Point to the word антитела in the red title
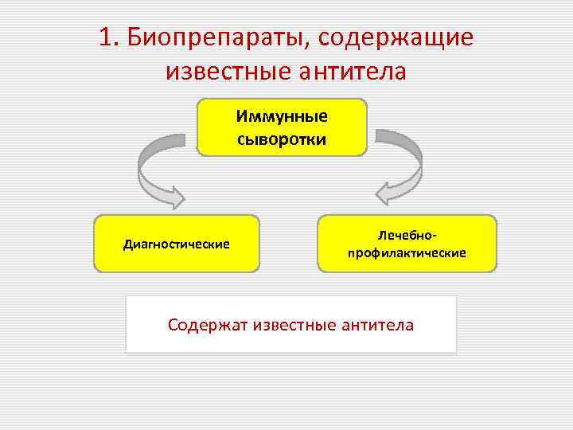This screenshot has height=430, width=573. [x=352, y=72]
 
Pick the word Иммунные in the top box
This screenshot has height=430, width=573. [x=282, y=117]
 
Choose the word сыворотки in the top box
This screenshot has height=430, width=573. [x=282, y=139]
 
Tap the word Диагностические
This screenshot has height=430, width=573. [x=177, y=244]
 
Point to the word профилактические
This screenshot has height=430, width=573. [x=407, y=253]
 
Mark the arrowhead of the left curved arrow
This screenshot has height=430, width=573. [x=173, y=193]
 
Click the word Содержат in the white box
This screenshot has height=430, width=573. [x=207, y=325]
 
